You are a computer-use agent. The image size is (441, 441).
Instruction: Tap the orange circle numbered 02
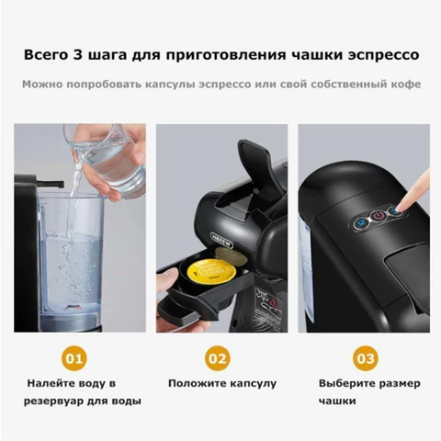click(x=218, y=356)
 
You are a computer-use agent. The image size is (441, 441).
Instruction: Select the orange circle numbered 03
click(x=365, y=356)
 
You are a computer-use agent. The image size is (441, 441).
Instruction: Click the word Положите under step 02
click(x=194, y=382)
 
